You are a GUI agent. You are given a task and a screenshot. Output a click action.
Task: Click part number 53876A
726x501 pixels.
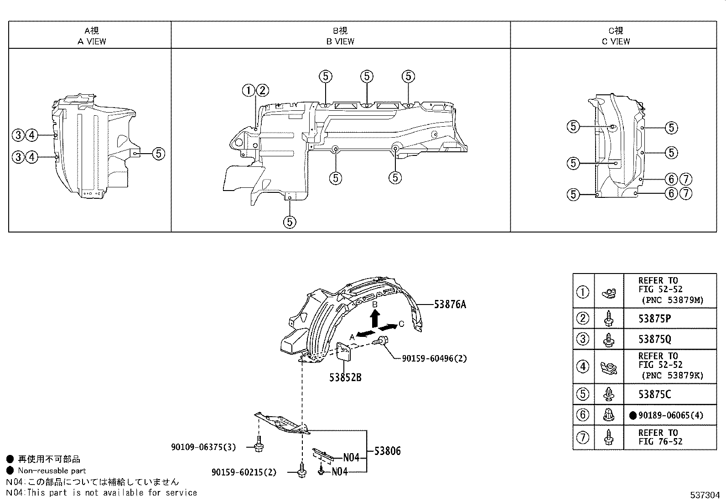coord(450,305)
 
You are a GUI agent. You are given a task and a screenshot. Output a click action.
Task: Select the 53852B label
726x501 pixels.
coord(345,377)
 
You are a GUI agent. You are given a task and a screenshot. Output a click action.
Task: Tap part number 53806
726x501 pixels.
coord(387,451)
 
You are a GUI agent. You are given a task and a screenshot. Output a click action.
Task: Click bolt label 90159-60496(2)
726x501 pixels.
coord(434,359)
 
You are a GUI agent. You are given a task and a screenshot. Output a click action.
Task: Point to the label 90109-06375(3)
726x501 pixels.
coord(203,447)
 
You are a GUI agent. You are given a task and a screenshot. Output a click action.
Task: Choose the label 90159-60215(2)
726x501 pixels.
coord(244,472)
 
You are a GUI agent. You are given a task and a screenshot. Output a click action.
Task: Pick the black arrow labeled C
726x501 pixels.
coord(388,327)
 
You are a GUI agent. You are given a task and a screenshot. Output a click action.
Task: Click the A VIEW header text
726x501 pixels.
coord(92,41)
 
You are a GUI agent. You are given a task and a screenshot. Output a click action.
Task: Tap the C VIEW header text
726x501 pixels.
coord(616,41)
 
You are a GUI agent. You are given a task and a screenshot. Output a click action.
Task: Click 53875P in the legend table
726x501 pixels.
coord(654,319)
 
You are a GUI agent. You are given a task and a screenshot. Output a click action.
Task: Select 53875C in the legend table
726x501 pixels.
coord(654,394)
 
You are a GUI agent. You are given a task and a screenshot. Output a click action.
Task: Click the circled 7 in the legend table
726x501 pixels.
coord(583,438)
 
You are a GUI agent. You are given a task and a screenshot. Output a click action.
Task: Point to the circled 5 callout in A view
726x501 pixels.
coord(158,154)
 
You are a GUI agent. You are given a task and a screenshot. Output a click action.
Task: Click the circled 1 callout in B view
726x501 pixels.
coord(249,91)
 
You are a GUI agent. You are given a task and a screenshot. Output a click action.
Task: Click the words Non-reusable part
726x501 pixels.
coord(52,470)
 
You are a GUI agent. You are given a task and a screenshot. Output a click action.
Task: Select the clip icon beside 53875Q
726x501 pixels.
coord(608,339)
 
